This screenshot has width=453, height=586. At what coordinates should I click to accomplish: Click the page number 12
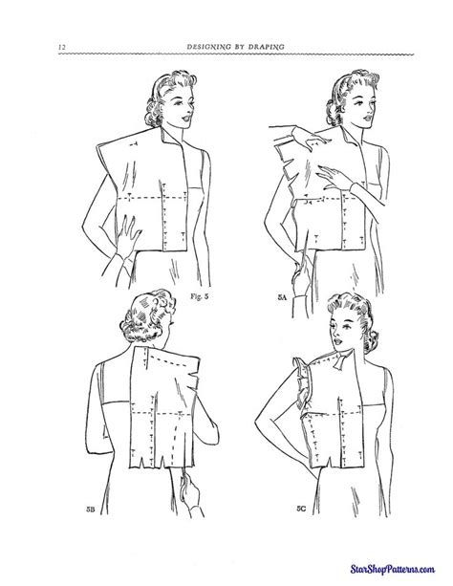[x=60, y=48]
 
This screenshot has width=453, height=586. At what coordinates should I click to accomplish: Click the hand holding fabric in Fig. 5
[x=124, y=228]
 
